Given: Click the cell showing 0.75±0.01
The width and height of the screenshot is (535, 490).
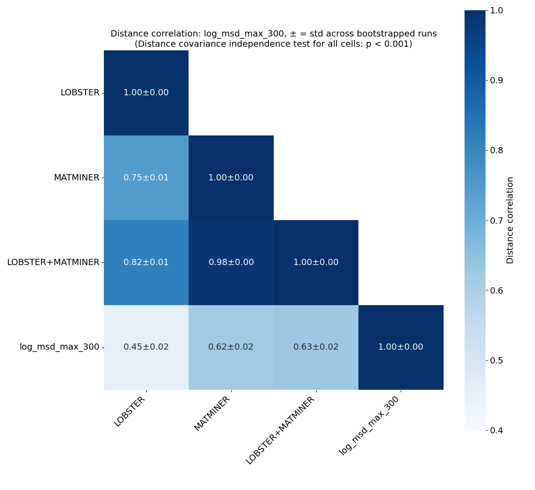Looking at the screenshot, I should click(x=146, y=178).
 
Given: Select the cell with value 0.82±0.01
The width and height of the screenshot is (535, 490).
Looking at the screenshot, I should click(x=146, y=262).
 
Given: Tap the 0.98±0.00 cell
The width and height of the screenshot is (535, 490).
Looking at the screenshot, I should click(x=231, y=262).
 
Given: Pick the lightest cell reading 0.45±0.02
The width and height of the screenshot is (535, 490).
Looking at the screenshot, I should click(x=146, y=347).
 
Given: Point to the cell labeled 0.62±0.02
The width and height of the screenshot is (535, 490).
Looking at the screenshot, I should click(x=231, y=347).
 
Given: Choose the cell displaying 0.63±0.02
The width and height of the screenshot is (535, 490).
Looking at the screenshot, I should click(x=316, y=347).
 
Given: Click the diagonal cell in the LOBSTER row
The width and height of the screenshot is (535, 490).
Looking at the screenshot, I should click(x=146, y=93).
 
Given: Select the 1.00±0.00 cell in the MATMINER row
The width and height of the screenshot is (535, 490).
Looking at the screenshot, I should click(x=231, y=178).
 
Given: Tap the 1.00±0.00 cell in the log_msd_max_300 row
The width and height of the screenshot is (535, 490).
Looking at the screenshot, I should click(x=400, y=347).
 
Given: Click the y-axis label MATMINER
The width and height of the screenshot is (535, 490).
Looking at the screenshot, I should click(x=76, y=178).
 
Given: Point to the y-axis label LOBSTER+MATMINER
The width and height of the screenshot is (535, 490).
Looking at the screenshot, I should click(x=53, y=262).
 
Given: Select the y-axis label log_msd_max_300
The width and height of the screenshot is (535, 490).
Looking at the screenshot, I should click(x=59, y=347).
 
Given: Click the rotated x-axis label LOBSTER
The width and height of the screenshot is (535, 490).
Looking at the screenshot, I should click(x=130, y=411).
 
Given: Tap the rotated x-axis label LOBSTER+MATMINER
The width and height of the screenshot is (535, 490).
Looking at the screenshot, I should click(x=280, y=430).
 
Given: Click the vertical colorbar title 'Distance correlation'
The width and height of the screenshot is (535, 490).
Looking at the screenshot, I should click(x=510, y=220).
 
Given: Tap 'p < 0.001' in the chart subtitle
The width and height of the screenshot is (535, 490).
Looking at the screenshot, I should click(x=387, y=44).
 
